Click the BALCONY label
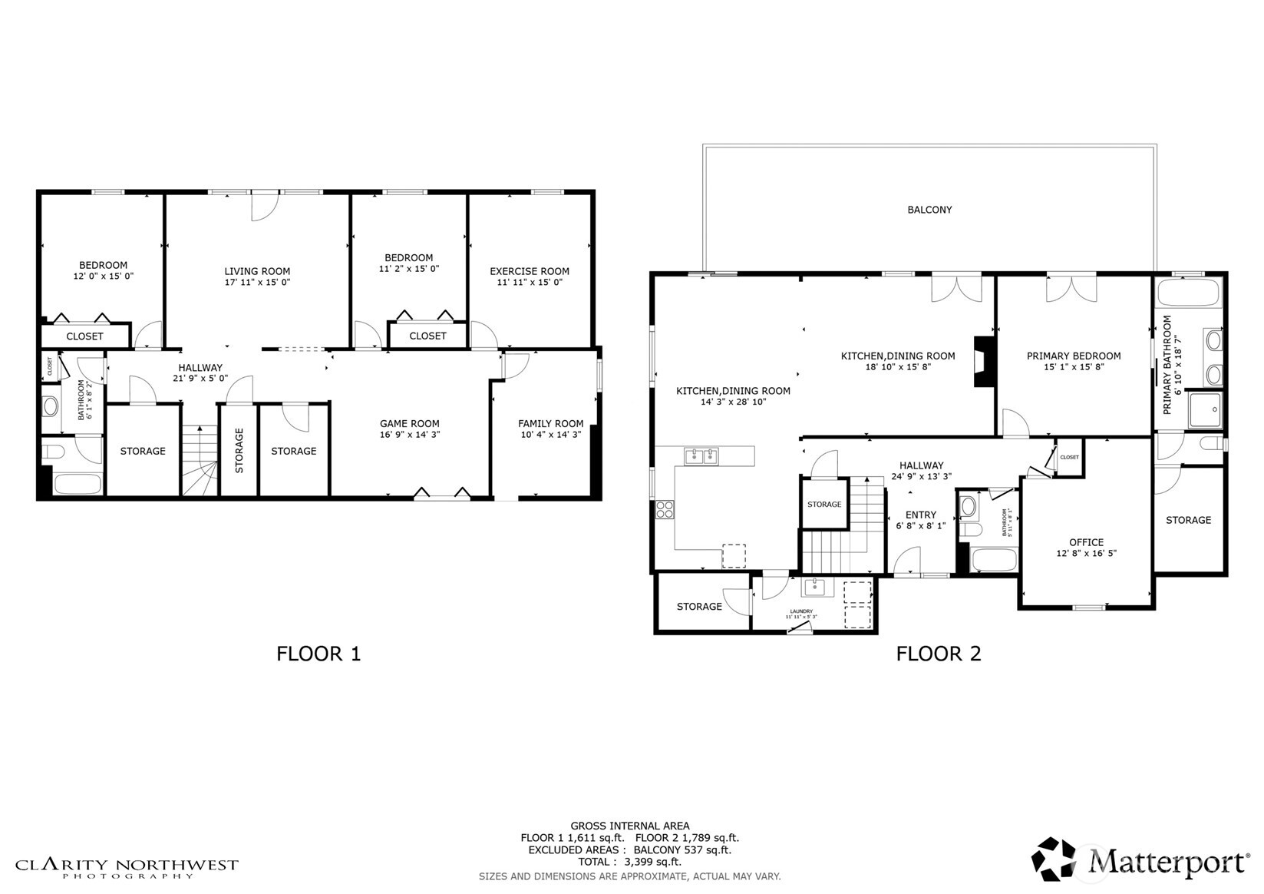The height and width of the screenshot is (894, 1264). point(929,210)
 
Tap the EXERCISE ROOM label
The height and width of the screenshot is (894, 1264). point(529,271)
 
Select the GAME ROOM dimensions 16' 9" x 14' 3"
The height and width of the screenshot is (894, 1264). point(409,435)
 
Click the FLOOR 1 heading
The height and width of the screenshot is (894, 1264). point(318,654)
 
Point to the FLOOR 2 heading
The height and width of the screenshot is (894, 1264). point(938,654)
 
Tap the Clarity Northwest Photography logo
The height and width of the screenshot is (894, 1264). point(127,868)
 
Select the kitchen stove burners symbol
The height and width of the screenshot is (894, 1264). point(664,509)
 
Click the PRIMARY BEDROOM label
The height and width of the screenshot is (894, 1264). point(1073,356)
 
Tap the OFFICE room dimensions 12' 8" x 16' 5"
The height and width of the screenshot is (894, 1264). point(1086,553)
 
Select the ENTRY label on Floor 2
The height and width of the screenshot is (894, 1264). point(920,515)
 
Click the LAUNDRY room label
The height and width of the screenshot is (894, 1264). point(800,611)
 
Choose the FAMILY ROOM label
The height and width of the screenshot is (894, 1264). point(550,423)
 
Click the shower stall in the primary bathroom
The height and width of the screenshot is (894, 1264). point(1205,409)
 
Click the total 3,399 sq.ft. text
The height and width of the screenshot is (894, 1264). point(629,862)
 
